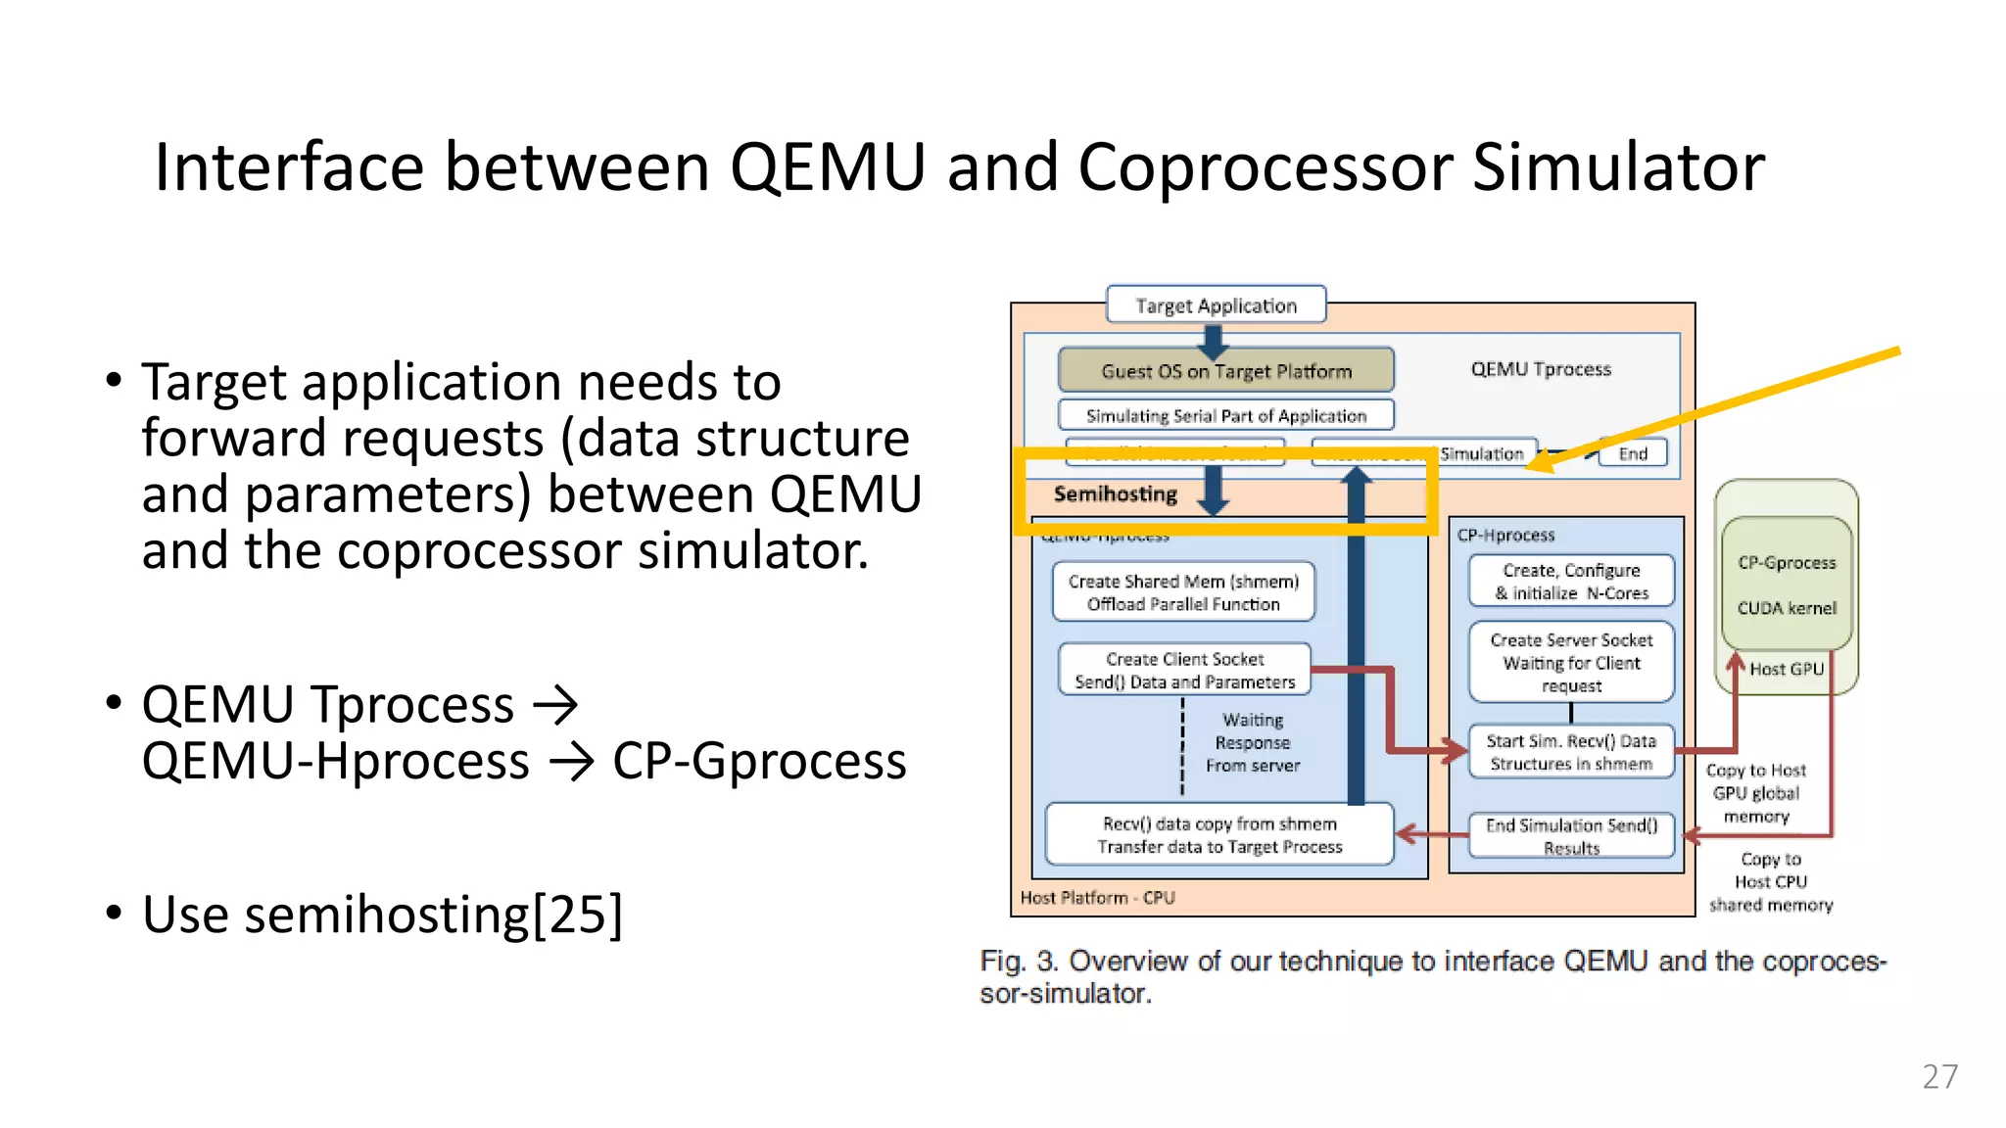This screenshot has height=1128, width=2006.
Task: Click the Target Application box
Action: tap(1216, 305)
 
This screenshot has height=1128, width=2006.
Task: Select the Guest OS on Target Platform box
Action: tap(1225, 371)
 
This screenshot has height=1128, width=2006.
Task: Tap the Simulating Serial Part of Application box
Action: tap(1225, 415)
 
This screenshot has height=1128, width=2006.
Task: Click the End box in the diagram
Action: tap(1632, 453)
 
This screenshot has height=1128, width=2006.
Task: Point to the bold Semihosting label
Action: tap(1115, 494)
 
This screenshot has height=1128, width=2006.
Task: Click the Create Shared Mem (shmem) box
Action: tap(1183, 592)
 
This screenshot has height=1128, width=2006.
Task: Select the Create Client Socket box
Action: tap(1184, 671)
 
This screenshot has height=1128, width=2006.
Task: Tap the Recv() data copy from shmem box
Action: tap(1219, 835)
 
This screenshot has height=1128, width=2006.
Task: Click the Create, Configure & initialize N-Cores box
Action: tap(1571, 582)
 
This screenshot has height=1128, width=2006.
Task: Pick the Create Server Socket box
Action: tap(1571, 663)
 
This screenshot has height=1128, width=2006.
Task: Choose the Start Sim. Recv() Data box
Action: tap(1571, 752)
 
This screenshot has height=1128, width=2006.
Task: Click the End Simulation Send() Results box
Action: tap(1571, 836)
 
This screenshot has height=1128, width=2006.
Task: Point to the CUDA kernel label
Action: tap(1787, 608)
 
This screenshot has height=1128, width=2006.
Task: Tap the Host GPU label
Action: tap(1787, 669)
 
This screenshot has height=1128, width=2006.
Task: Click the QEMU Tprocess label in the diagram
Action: tap(1541, 369)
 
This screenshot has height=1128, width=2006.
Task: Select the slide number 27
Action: tap(1939, 1076)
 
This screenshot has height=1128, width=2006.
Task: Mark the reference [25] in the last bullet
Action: tap(577, 915)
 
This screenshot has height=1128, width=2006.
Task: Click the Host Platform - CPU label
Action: tap(1097, 897)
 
